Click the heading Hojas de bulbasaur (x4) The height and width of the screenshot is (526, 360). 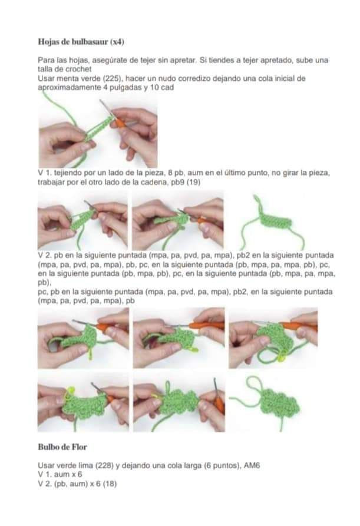(81, 42)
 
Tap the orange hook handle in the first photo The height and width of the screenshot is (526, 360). (121, 123)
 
